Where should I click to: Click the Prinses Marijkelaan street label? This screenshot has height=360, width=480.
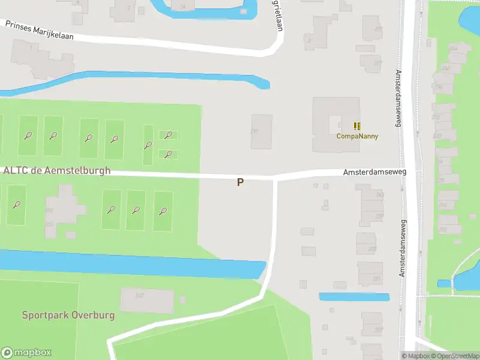(x=39, y=31)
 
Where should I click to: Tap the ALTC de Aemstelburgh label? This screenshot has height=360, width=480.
(x=57, y=170)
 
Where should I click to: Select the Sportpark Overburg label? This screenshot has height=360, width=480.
(x=68, y=315)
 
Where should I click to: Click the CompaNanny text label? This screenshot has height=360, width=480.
(x=357, y=136)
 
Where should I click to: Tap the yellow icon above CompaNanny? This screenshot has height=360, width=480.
(x=358, y=126)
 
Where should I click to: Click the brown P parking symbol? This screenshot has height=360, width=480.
(x=240, y=182)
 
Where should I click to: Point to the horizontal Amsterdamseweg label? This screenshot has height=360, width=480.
(x=374, y=172)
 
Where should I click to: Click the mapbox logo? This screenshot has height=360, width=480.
(x=26, y=353)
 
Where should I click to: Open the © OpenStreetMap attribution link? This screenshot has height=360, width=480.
(x=458, y=356)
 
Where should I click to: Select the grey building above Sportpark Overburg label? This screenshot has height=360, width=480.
(x=146, y=300)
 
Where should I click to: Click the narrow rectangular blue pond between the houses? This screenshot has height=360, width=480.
(x=354, y=296)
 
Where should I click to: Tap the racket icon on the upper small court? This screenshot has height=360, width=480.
(x=169, y=135)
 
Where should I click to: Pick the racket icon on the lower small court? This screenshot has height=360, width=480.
(x=169, y=154)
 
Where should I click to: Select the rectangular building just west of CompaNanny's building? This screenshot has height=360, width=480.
(x=261, y=131)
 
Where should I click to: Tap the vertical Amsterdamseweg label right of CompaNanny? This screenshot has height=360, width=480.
(x=397, y=99)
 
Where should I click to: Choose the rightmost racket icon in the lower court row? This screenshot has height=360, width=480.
(x=163, y=211)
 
